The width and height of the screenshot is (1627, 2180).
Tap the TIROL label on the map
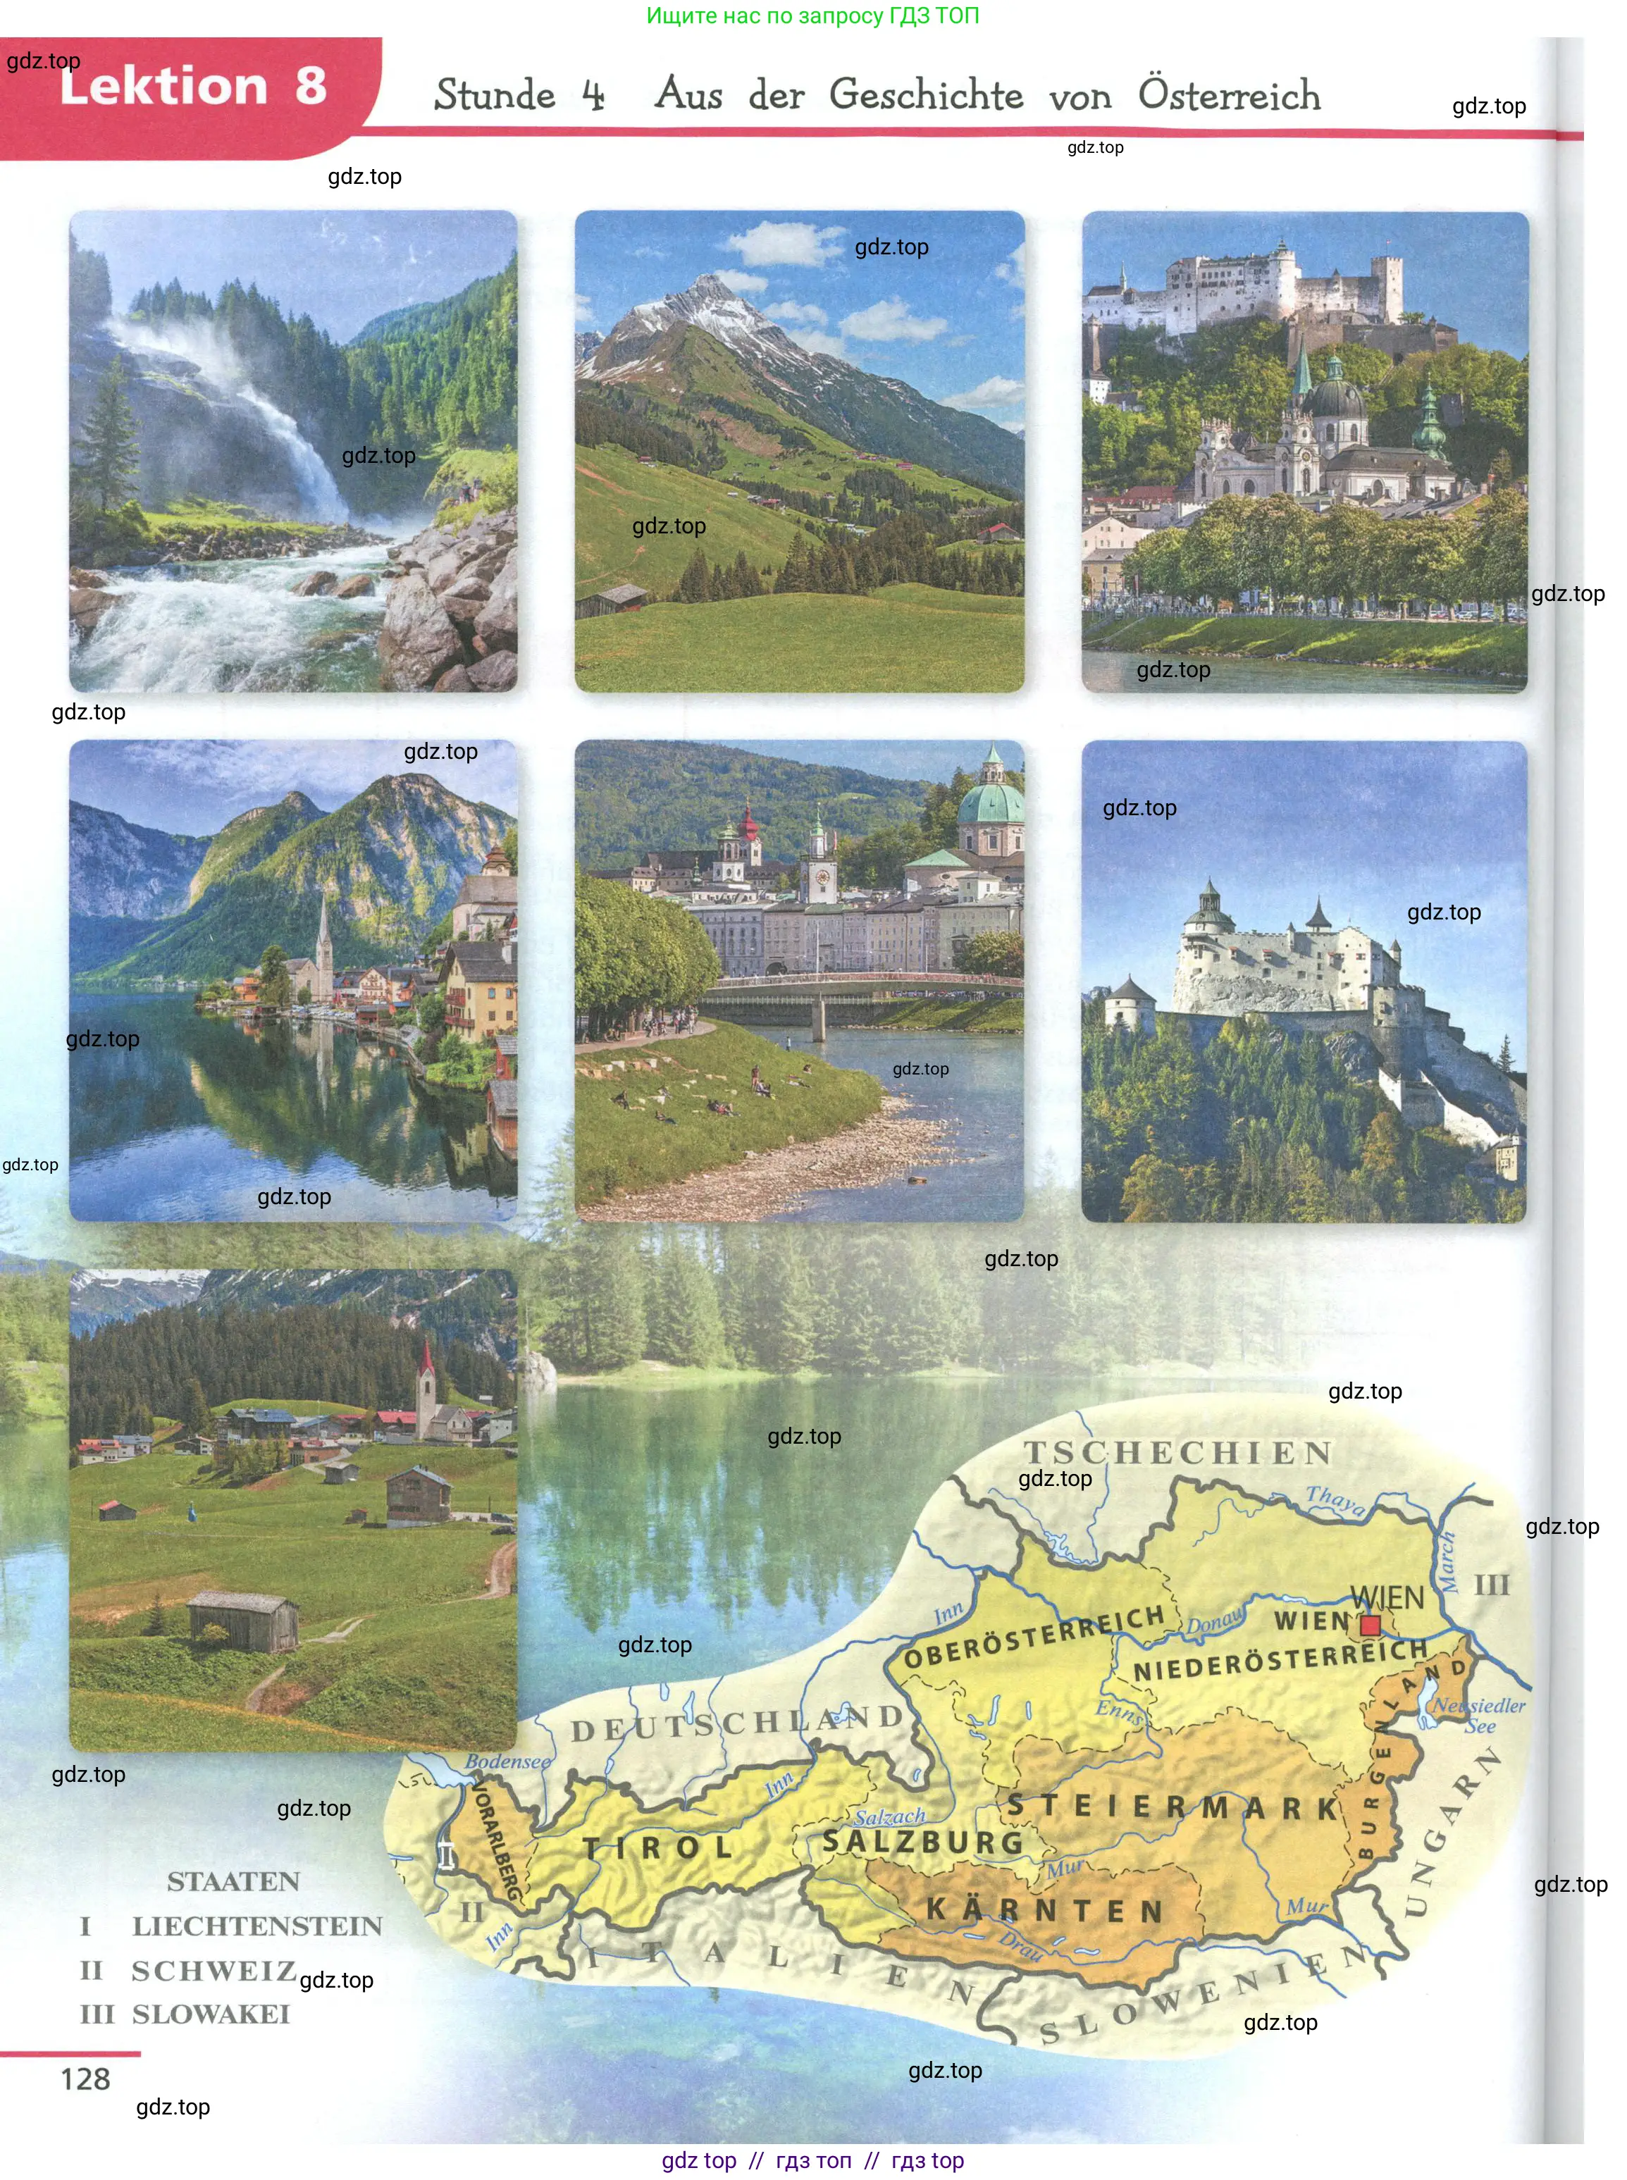click(x=657, y=1848)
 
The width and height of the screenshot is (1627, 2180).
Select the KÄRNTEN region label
click(x=1045, y=1911)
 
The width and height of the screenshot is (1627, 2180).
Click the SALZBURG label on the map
click(x=923, y=1843)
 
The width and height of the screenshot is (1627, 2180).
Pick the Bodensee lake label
click(x=507, y=1761)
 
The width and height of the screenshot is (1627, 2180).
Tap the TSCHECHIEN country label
click(x=1178, y=1452)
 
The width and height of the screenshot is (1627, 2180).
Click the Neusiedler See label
click(x=1478, y=1714)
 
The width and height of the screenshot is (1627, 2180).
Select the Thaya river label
click(x=1335, y=1499)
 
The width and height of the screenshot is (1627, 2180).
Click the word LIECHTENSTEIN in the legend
click(x=257, y=1926)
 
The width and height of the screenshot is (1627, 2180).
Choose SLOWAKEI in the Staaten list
click(x=211, y=2014)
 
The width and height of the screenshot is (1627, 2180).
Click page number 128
click(x=86, y=2079)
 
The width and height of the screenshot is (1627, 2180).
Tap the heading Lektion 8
click(x=193, y=86)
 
